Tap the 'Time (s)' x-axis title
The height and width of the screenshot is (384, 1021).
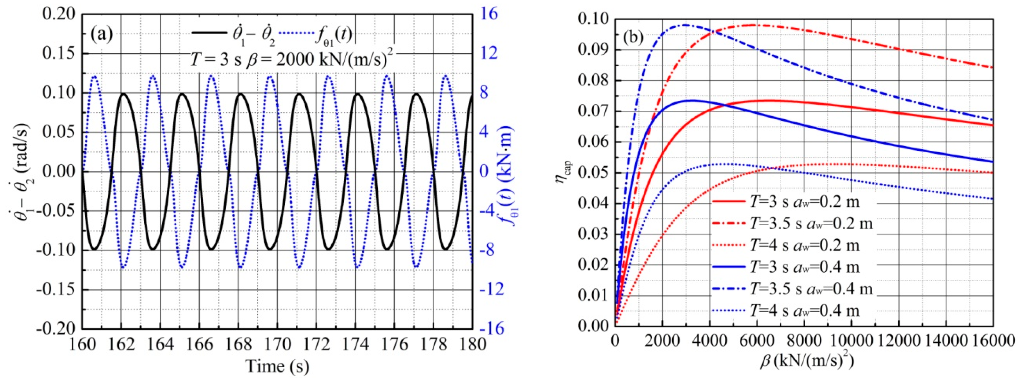pyautogui.click(x=277, y=366)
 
